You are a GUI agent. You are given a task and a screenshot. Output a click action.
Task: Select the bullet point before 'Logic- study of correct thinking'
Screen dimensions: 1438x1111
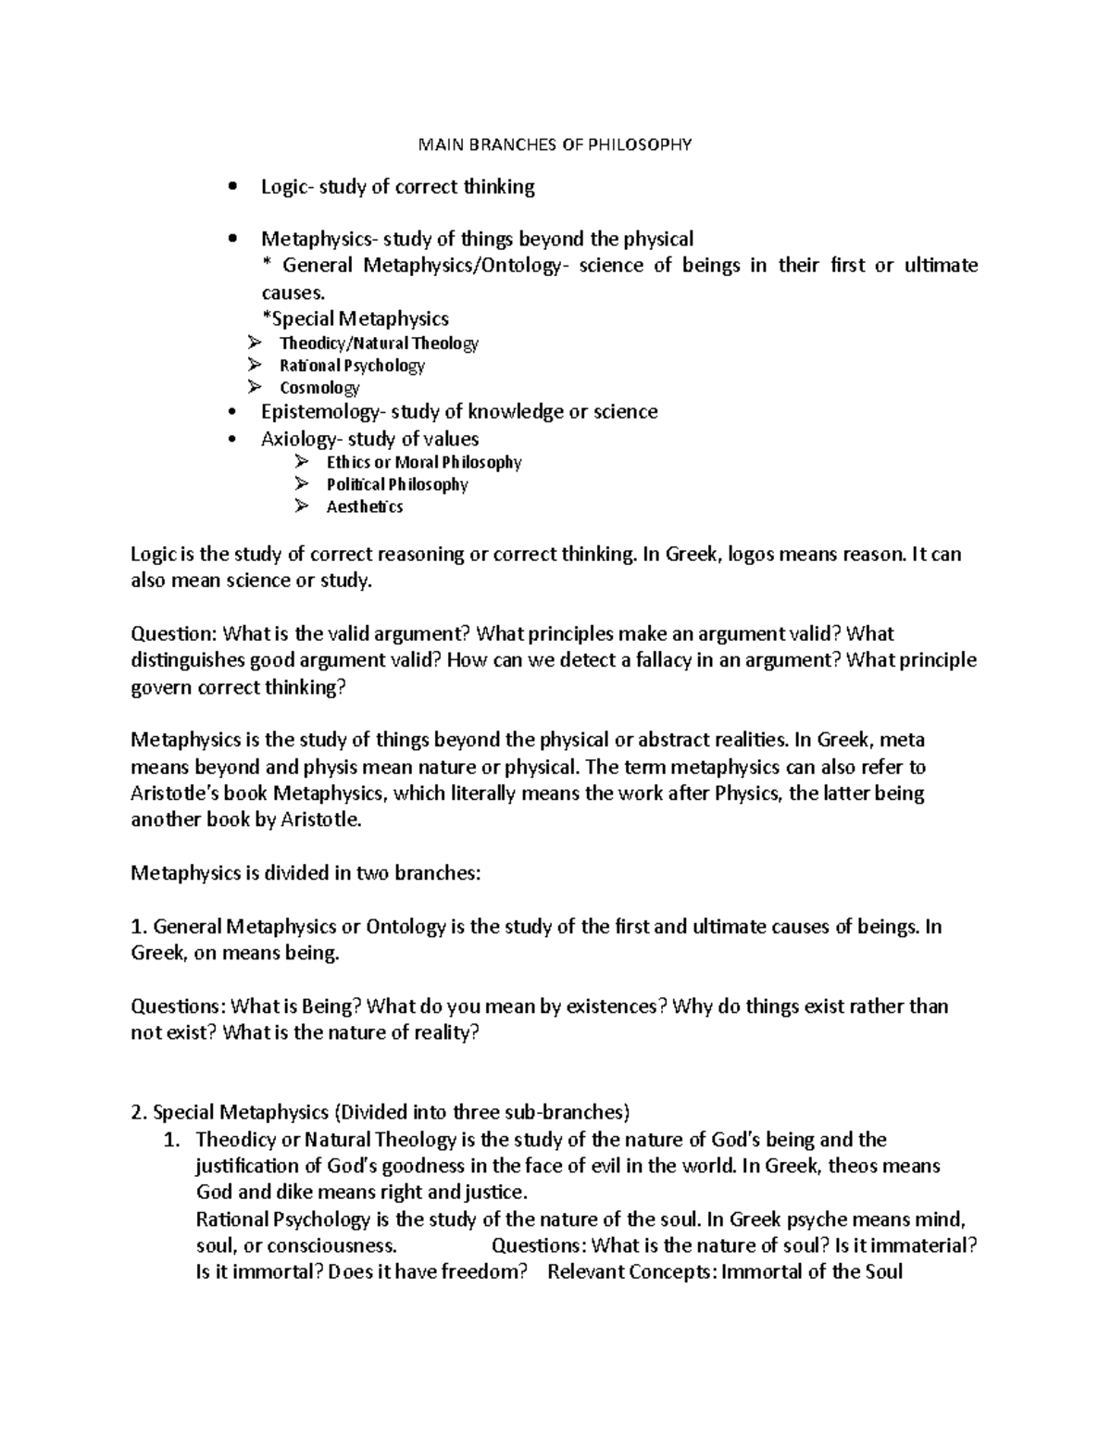233,188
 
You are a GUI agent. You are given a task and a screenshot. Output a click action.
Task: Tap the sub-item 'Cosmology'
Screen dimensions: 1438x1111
319,388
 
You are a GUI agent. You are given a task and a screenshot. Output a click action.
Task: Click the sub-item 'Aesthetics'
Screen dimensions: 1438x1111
365,506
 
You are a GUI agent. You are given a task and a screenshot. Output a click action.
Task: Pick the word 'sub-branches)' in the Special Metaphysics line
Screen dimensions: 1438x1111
573,1112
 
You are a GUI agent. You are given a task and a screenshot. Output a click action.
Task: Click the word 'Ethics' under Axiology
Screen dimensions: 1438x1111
348,462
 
